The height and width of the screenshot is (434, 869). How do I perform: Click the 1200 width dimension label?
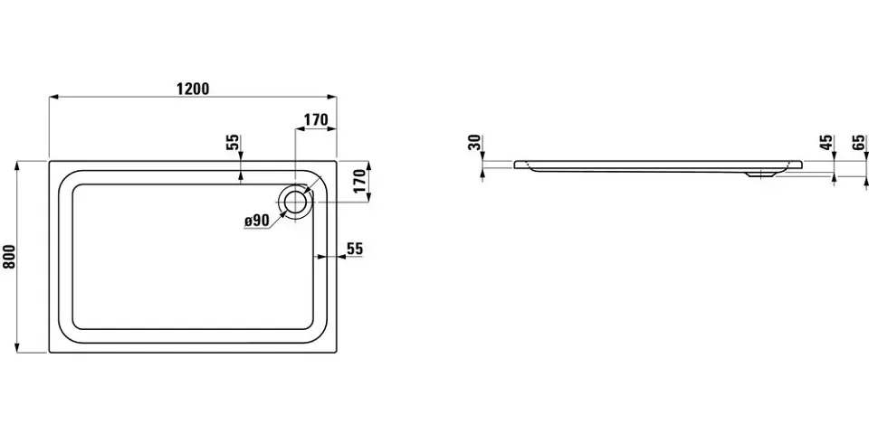click(x=193, y=89)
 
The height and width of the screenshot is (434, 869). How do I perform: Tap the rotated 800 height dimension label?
click(x=9, y=256)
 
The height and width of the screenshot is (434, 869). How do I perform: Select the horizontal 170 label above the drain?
click(x=316, y=119)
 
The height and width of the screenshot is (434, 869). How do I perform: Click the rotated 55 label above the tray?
click(x=233, y=143)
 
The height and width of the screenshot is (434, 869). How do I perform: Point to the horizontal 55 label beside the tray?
click(x=355, y=250)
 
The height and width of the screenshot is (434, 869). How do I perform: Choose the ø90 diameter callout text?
click(x=256, y=221)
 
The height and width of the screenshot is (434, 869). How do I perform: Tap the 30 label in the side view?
click(x=474, y=142)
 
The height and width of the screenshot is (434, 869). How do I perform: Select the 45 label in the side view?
click(x=826, y=142)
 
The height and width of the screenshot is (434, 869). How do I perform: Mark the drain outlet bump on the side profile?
click(x=761, y=175)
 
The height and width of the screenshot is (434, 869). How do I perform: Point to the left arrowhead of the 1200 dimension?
click(x=53, y=97)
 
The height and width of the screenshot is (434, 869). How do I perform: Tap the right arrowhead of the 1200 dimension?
click(x=332, y=97)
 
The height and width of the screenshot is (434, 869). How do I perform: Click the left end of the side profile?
click(x=514, y=165)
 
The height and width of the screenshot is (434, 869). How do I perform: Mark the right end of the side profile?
click(x=802, y=165)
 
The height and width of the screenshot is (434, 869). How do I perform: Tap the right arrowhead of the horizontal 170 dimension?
click(x=332, y=129)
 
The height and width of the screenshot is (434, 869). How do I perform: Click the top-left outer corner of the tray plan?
click(x=49, y=161)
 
